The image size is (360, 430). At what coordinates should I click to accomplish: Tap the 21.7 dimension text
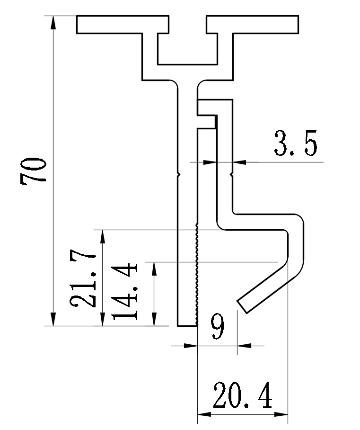84,280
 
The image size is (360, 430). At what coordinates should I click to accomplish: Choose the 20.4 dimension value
242,396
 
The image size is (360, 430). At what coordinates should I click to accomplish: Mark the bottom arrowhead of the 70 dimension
53,322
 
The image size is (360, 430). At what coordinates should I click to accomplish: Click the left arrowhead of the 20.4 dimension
201,414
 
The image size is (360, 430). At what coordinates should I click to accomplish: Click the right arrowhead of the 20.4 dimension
284,414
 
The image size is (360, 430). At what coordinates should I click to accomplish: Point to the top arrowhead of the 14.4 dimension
154,266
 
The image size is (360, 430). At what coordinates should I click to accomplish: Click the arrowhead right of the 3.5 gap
238,162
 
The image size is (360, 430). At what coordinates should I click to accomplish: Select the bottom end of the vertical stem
187,325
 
